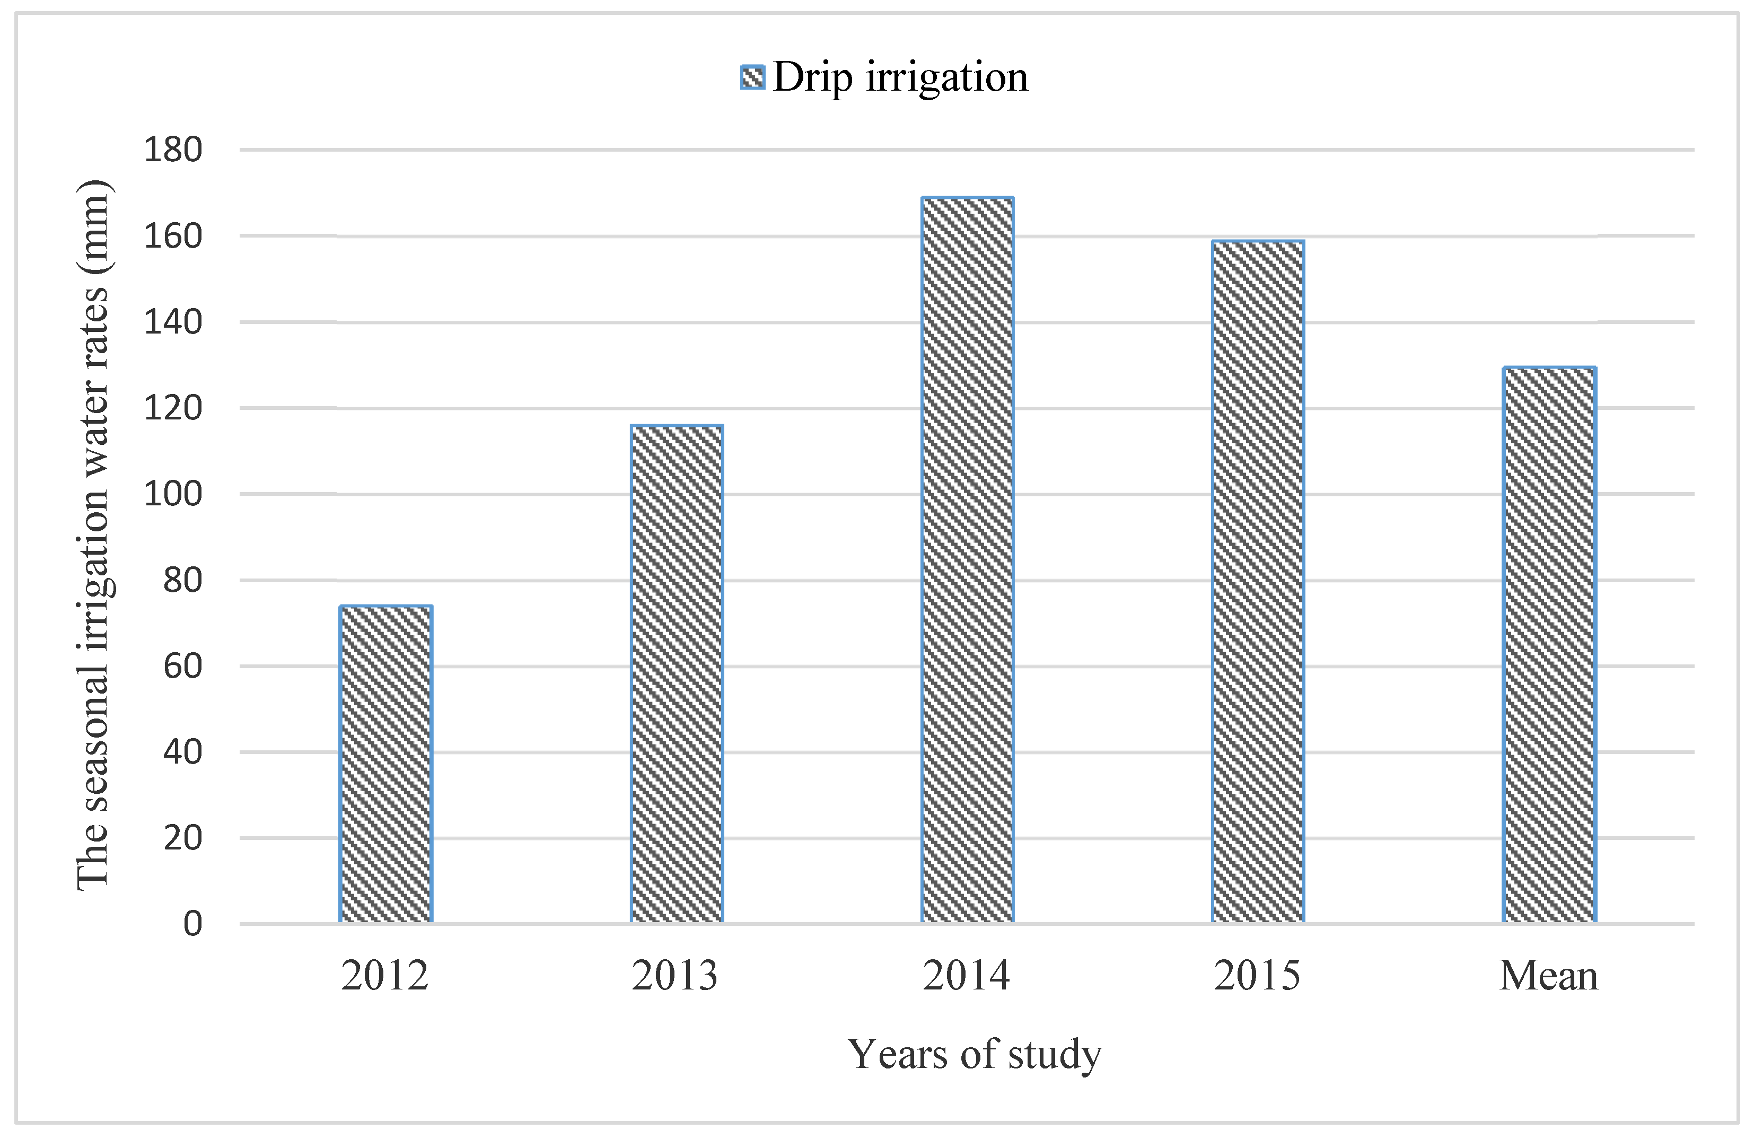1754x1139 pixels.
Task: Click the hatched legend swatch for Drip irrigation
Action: [752, 77]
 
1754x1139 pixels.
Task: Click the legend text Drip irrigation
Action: [900, 77]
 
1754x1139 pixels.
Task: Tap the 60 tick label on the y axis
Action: [183, 667]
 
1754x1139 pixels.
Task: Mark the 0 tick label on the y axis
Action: [192, 924]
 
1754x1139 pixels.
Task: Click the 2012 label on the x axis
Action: [385, 976]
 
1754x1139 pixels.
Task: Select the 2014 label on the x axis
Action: [966, 976]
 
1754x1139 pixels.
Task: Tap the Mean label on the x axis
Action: [1548, 976]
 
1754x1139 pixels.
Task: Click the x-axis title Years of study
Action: [974, 1054]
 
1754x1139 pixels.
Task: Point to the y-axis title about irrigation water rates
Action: [94, 535]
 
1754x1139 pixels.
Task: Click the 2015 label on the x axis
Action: [1257, 976]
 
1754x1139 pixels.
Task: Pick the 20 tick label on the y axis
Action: [183, 838]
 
